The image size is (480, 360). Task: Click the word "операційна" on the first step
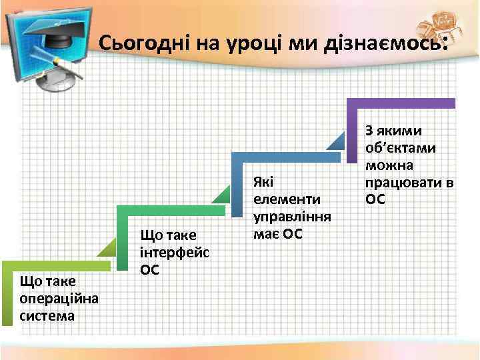[x=59, y=297]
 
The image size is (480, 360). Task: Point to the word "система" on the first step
[x=47, y=315]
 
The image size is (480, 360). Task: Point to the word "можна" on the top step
[x=389, y=165]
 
